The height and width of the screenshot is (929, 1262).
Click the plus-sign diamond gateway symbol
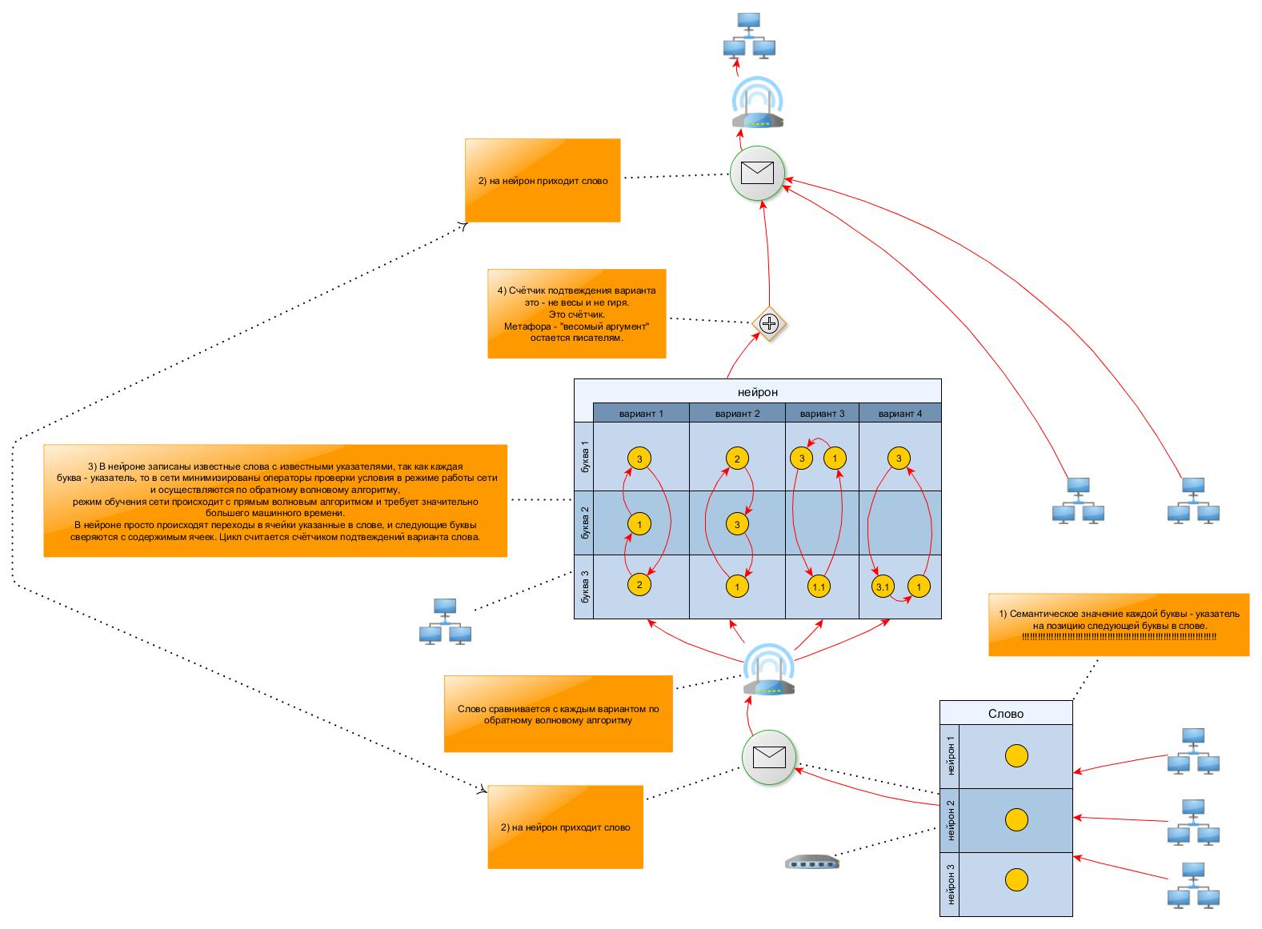point(769,323)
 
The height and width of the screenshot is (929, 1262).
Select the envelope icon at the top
point(757,173)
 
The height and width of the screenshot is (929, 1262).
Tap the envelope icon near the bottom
point(769,756)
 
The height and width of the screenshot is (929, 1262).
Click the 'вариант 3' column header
point(822,414)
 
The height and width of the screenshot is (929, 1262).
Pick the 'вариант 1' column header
point(641,414)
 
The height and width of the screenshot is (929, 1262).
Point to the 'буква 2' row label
point(584,523)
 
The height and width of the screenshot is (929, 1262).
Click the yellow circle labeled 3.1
point(883,587)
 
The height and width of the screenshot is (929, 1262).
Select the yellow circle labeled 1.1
point(819,587)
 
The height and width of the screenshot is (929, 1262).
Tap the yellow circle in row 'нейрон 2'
point(1016,819)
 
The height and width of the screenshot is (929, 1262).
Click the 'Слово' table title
point(1006,713)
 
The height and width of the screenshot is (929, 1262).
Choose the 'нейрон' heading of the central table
point(757,392)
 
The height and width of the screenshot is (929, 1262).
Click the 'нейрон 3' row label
point(950,884)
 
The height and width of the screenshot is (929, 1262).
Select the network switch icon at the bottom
point(812,862)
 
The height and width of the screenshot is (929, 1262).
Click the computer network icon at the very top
point(749,36)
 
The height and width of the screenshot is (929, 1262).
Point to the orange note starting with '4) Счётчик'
point(576,314)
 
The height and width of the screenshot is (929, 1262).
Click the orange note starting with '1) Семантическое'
point(1119,625)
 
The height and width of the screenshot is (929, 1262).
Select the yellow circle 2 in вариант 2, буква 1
point(737,458)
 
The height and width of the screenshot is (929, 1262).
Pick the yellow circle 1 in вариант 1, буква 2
point(639,524)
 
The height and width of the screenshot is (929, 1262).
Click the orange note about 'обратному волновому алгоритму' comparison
point(558,714)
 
